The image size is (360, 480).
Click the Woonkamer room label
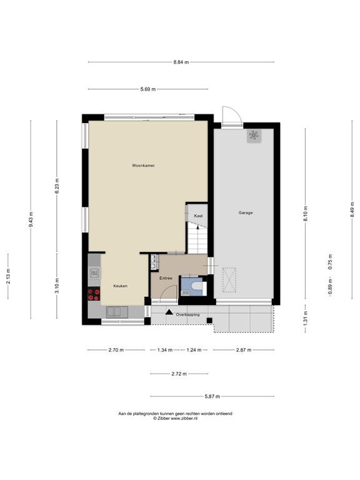point(143,166)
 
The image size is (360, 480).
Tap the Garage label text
point(245,212)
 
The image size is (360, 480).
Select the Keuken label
point(120,286)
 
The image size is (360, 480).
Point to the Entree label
point(166,277)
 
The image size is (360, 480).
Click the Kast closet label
point(198,216)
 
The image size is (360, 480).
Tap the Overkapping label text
point(187,314)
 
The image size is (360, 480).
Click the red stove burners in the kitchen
point(95,294)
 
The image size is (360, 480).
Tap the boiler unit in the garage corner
point(254,136)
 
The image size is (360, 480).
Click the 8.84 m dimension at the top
point(181,62)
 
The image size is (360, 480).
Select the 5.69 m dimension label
point(149,89)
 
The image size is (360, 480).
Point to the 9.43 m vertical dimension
point(31,219)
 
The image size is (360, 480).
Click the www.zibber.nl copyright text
point(175,418)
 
